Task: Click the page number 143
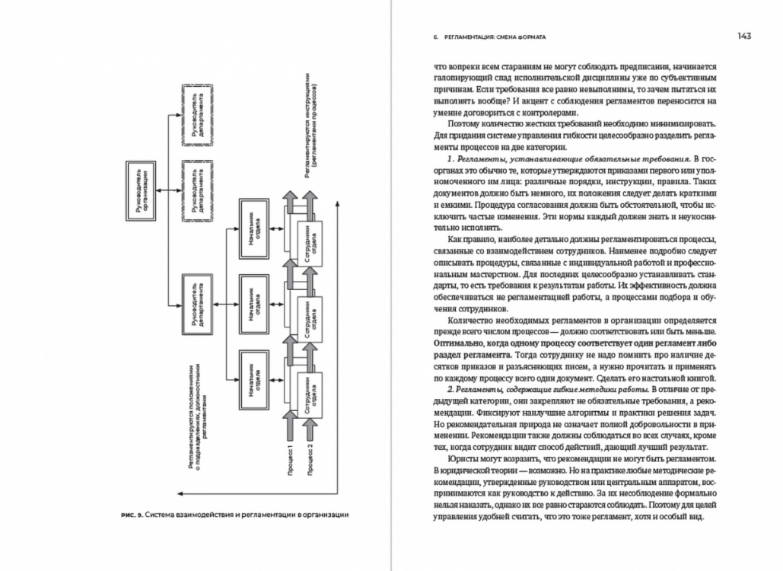[743, 36]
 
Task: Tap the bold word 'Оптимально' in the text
[463, 343]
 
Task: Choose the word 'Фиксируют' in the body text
[460, 412]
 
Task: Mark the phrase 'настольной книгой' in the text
[678, 377]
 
